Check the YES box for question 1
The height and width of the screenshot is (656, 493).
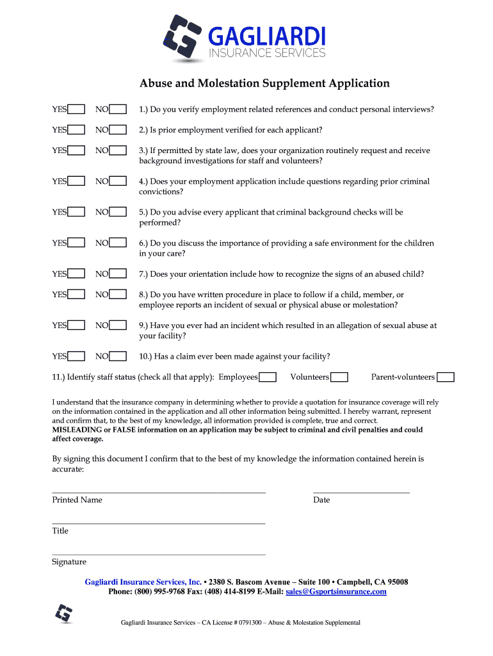pyautogui.click(x=77, y=110)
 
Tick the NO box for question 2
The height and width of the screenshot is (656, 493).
pyautogui.click(x=118, y=130)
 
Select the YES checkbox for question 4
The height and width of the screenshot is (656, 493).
pyautogui.click(x=77, y=181)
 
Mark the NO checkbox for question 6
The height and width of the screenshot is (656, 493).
pyautogui.click(x=118, y=243)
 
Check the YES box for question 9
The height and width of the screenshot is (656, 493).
pyautogui.click(x=77, y=325)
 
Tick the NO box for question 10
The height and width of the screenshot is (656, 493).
pyautogui.click(x=118, y=356)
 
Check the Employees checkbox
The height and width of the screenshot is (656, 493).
pyautogui.click(x=268, y=377)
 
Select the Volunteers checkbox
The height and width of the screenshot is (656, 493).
pyautogui.click(x=339, y=377)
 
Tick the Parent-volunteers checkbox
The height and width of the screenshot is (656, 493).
pyautogui.click(x=446, y=377)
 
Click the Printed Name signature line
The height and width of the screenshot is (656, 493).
pyautogui.click(x=158, y=491)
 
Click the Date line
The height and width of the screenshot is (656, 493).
pyautogui.click(x=361, y=491)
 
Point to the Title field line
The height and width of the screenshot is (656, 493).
pyautogui.click(x=158, y=523)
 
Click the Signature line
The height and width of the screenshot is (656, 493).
pyautogui.click(x=158, y=553)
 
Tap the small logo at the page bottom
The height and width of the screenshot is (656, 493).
pyautogui.click(x=64, y=613)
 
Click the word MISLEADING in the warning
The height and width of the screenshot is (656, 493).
pyautogui.click(x=76, y=430)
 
